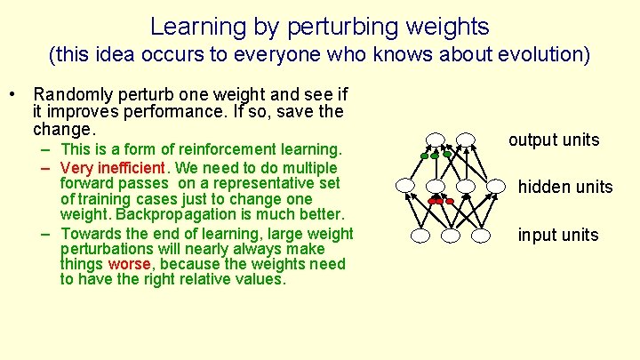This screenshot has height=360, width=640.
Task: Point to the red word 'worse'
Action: point(122,264)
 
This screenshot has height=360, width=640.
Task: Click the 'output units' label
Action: point(554,140)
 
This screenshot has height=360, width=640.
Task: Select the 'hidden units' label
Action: point(565,187)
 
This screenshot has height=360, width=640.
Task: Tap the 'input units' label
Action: point(558,235)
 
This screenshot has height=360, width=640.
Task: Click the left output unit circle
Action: point(435,140)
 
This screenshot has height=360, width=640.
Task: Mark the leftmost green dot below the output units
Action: point(426,156)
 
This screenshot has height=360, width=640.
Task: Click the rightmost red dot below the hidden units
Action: point(450,202)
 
